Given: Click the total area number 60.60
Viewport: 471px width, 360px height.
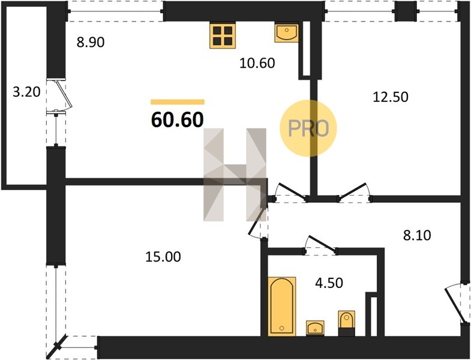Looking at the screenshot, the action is click(x=178, y=119).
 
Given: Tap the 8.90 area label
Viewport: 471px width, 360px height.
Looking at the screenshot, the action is click(x=91, y=42).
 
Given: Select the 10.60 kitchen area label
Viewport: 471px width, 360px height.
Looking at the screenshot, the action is click(x=257, y=63).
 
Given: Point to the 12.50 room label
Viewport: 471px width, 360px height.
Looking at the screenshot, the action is click(x=391, y=97).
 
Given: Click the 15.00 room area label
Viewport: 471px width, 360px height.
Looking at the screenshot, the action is click(x=163, y=257).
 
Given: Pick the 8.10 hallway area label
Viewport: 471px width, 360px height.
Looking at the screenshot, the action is click(x=417, y=235).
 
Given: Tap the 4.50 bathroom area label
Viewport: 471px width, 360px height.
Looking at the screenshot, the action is click(x=329, y=283).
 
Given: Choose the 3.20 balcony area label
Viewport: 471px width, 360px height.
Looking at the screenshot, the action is click(x=26, y=92).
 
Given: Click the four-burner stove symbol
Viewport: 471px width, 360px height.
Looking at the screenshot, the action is click(x=223, y=36).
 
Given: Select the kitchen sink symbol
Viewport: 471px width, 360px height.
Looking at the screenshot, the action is click(x=287, y=33).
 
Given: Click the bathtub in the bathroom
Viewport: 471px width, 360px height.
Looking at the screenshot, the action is click(x=282, y=307).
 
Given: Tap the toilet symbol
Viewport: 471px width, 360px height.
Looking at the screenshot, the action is click(x=347, y=323).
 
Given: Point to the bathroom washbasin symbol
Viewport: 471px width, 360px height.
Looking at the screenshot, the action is click(x=315, y=328).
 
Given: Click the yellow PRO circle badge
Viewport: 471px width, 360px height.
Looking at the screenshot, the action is click(x=308, y=128).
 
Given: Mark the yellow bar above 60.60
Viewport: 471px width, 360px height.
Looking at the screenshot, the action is click(x=178, y=102).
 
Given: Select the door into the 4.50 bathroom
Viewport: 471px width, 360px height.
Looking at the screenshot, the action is click(x=320, y=244).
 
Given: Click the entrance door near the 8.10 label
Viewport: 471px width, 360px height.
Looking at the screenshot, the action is click(x=457, y=303).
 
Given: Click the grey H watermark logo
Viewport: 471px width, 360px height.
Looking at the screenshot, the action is click(x=235, y=175).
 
